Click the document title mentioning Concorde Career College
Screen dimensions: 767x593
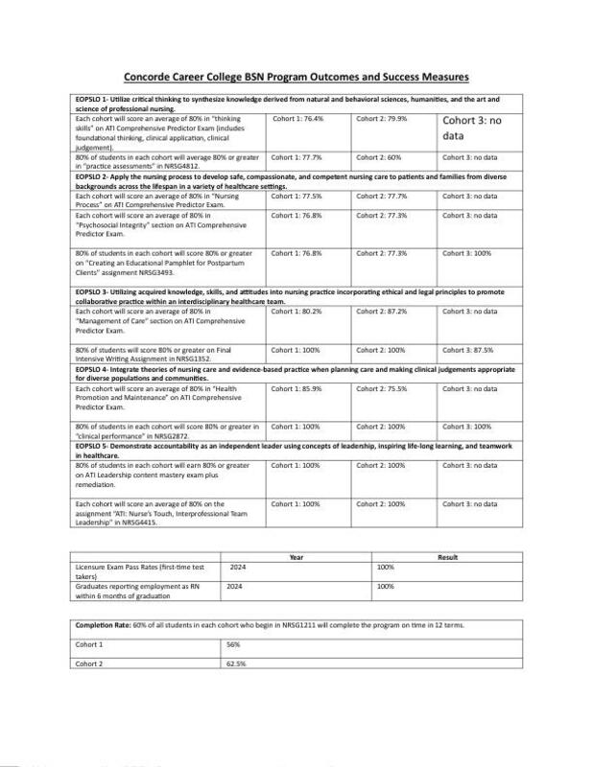(x=297, y=77)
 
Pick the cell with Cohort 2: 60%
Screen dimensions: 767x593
(x=378, y=156)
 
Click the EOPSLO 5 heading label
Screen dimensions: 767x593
(x=94, y=448)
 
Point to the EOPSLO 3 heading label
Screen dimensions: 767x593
(x=94, y=290)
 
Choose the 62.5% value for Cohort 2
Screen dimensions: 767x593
(x=236, y=662)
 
